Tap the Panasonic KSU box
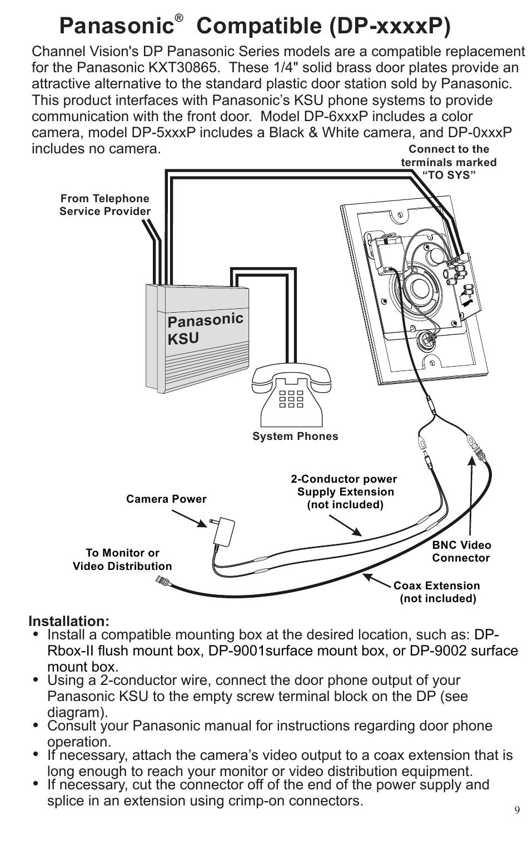[197, 338]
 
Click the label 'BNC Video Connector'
[461, 551]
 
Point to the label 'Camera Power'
[166, 499]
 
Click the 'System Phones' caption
[295, 436]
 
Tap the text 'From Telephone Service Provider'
[105, 204]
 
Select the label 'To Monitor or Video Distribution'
[122, 559]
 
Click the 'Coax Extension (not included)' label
[437, 592]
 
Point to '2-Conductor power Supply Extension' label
[344, 485]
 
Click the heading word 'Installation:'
[69, 621]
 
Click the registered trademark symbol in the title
[179, 18]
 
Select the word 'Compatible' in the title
[259, 26]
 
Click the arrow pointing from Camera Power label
[190, 518]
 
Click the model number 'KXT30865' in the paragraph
[183, 68]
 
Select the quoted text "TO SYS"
[449, 175]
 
